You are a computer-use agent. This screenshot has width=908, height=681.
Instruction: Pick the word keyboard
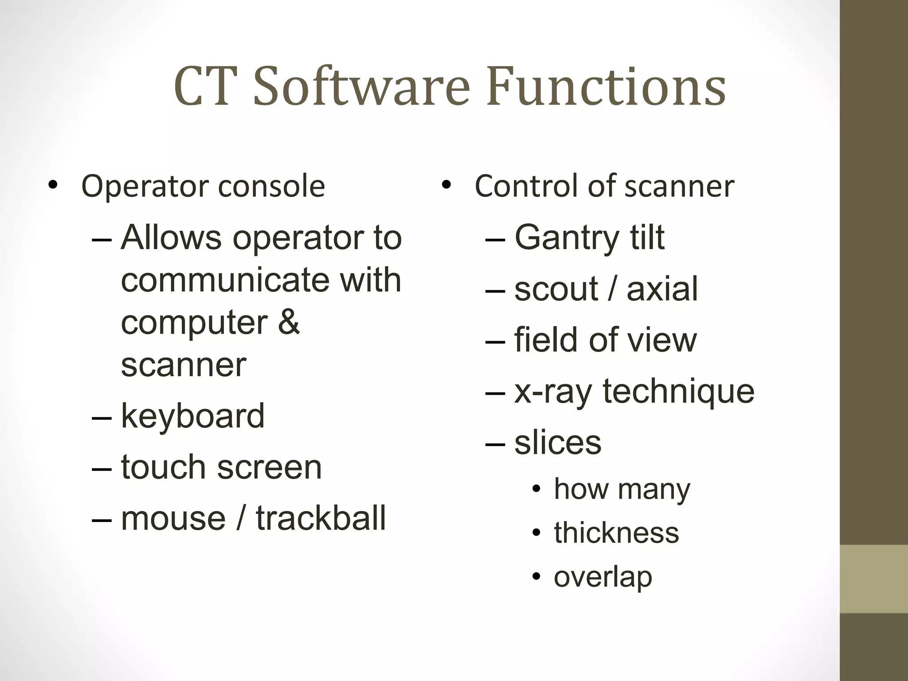pos(192,416)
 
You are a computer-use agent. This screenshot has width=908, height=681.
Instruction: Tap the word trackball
pos(321,518)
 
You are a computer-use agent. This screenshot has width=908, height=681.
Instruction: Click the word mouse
pos(173,518)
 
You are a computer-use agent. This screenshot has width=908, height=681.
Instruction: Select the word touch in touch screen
pos(163,467)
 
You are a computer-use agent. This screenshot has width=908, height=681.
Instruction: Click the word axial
pos(662,289)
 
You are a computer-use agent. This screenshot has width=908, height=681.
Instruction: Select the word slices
pos(558,443)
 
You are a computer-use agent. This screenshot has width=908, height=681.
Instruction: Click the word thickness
pos(616,533)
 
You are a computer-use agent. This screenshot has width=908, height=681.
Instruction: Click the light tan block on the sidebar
pos(874,579)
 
